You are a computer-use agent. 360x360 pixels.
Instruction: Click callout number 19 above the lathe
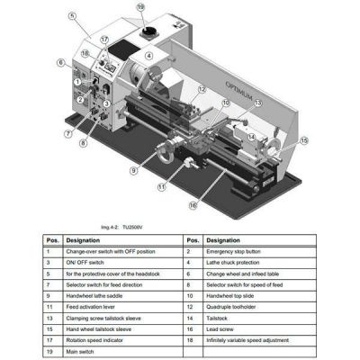click(140, 7)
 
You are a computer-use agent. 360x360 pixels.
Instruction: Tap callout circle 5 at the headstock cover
click(71, 15)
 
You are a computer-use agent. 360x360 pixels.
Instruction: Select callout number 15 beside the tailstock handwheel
click(302, 140)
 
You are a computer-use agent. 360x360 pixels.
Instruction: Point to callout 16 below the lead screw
click(192, 205)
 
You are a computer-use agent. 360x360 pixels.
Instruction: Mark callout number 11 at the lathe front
click(161, 187)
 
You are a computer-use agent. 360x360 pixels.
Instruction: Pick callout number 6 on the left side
click(60, 62)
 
